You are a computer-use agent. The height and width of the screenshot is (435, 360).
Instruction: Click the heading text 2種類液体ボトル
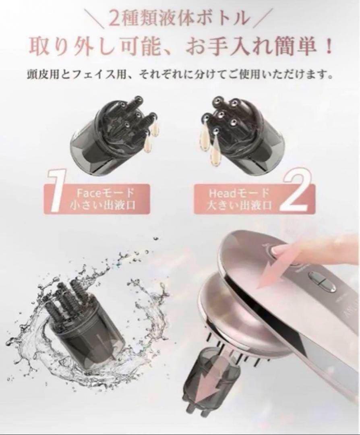coord(180,19)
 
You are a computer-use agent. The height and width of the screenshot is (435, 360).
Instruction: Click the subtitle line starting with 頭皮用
coord(180,75)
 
